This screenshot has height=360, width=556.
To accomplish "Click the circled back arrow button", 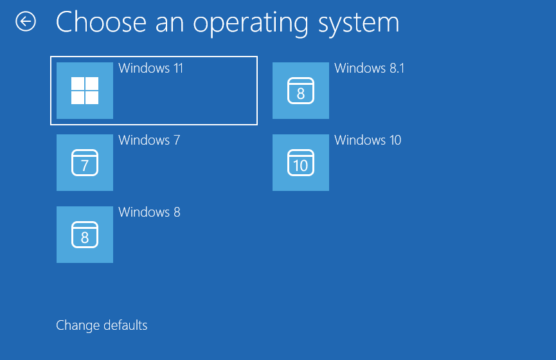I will pos(26,22).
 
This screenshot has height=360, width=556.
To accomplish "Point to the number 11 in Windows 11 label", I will pos(176,68).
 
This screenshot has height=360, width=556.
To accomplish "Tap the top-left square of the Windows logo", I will pos(78,84).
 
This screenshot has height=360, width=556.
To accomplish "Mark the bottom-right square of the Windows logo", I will pos(92,98).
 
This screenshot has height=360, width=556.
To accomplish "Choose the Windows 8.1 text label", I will pos(370,68).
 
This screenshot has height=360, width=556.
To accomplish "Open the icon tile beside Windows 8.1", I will pos(301,91).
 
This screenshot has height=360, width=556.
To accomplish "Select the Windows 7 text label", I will pos(149,140).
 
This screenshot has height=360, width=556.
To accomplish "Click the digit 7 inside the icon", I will pos(85,166).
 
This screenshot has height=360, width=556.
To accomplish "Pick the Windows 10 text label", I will pos(368,140).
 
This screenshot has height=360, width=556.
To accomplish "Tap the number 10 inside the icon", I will pos(301,166).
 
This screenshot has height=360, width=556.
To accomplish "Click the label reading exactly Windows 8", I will pos(149,212).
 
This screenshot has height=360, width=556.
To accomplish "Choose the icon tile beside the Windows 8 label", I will pos(85,235).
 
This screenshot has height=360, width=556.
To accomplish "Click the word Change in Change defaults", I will pos(76,325).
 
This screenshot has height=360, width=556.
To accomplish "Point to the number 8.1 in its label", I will pos(396,68).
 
